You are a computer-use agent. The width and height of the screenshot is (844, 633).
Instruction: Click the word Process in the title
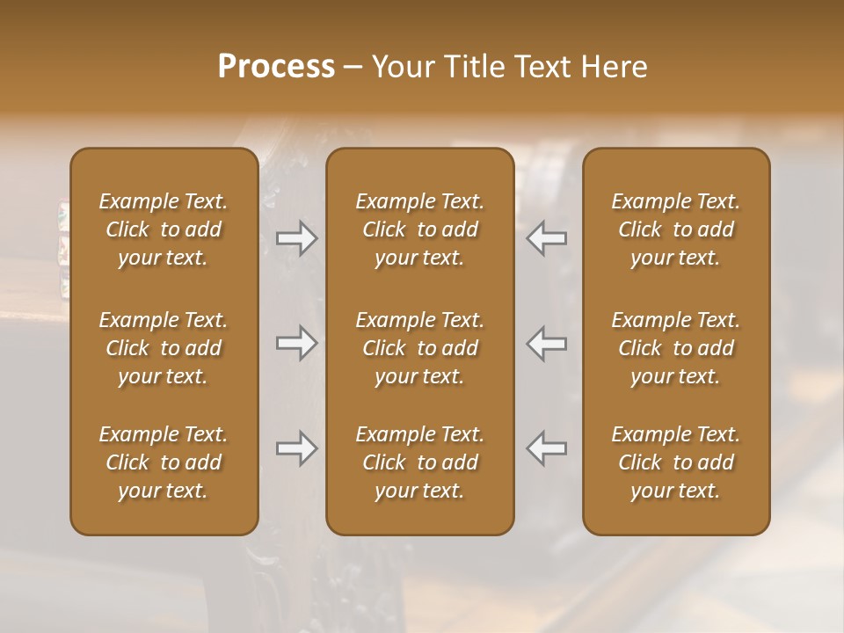(276, 67)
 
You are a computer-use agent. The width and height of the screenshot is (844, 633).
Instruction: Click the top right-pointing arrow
(296, 239)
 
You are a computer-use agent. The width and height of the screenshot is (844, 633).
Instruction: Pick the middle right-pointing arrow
(296, 343)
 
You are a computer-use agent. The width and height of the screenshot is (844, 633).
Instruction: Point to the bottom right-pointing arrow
(296, 449)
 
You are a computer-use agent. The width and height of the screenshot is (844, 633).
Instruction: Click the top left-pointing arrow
(547, 239)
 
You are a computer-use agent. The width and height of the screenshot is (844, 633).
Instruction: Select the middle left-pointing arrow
(547, 343)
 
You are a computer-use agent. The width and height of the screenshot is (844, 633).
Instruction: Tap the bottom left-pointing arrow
(547, 449)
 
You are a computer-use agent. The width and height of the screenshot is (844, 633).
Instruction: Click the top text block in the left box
(164, 229)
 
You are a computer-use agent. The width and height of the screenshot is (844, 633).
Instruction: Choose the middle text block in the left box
(164, 348)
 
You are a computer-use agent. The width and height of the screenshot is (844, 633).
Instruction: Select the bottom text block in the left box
(164, 462)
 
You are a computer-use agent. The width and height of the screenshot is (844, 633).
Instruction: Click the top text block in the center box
(420, 229)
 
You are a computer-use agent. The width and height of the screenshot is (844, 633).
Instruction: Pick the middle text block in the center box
(420, 348)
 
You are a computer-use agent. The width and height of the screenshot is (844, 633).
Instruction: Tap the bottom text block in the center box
(420, 462)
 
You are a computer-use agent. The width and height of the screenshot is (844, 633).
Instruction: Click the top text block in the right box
(676, 229)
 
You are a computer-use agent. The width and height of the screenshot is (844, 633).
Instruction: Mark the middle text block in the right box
(676, 348)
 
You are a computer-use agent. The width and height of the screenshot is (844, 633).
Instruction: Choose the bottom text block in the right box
(676, 462)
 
